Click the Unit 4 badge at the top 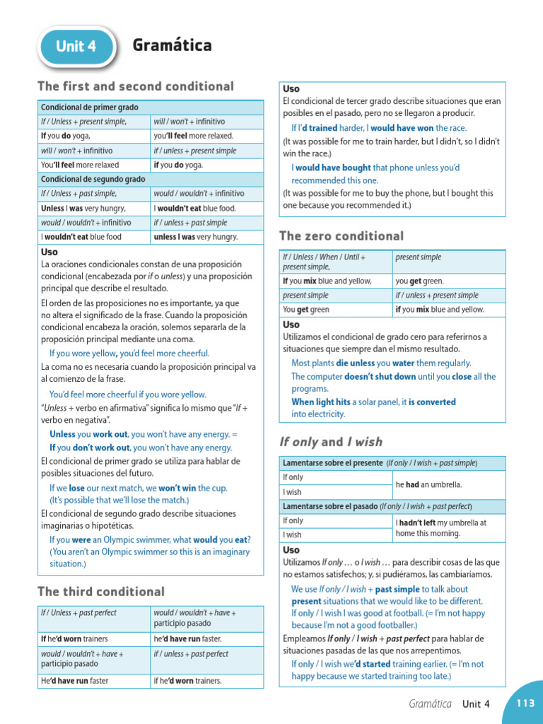pyautogui.click(x=76, y=47)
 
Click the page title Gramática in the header pyautogui.click(x=172, y=46)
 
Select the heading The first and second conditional pyautogui.click(x=136, y=87)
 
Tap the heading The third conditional pyautogui.click(x=101, y=592)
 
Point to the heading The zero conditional pyautogui.click(x=341, y=236)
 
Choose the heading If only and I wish pyautogui.click(x=331, y=442)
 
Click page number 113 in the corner pyautogui.click(x=525, y=703)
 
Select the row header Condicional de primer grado pyautogui.click(x=89, y=107)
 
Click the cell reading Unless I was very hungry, pyautogui.click(x=83, y=208)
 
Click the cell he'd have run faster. pyautogui.click(x=182, y=639)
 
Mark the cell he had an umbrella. pyautogui.click(x=428, y=485)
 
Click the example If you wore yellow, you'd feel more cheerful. pyautogui.click(x=129, y=353)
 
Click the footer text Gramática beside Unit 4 pyautogui.click(x=430, y=703)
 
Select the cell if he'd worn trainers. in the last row pyautogui.click(x=187, y=681)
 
